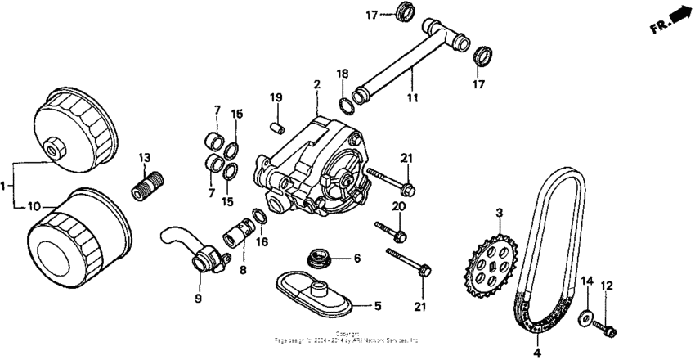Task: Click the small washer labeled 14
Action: [x=586, y=317]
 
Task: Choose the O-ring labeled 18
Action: [x=347, y=106]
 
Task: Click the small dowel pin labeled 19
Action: [x=276, y=127]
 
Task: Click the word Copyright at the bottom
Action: [x=348, y=333]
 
